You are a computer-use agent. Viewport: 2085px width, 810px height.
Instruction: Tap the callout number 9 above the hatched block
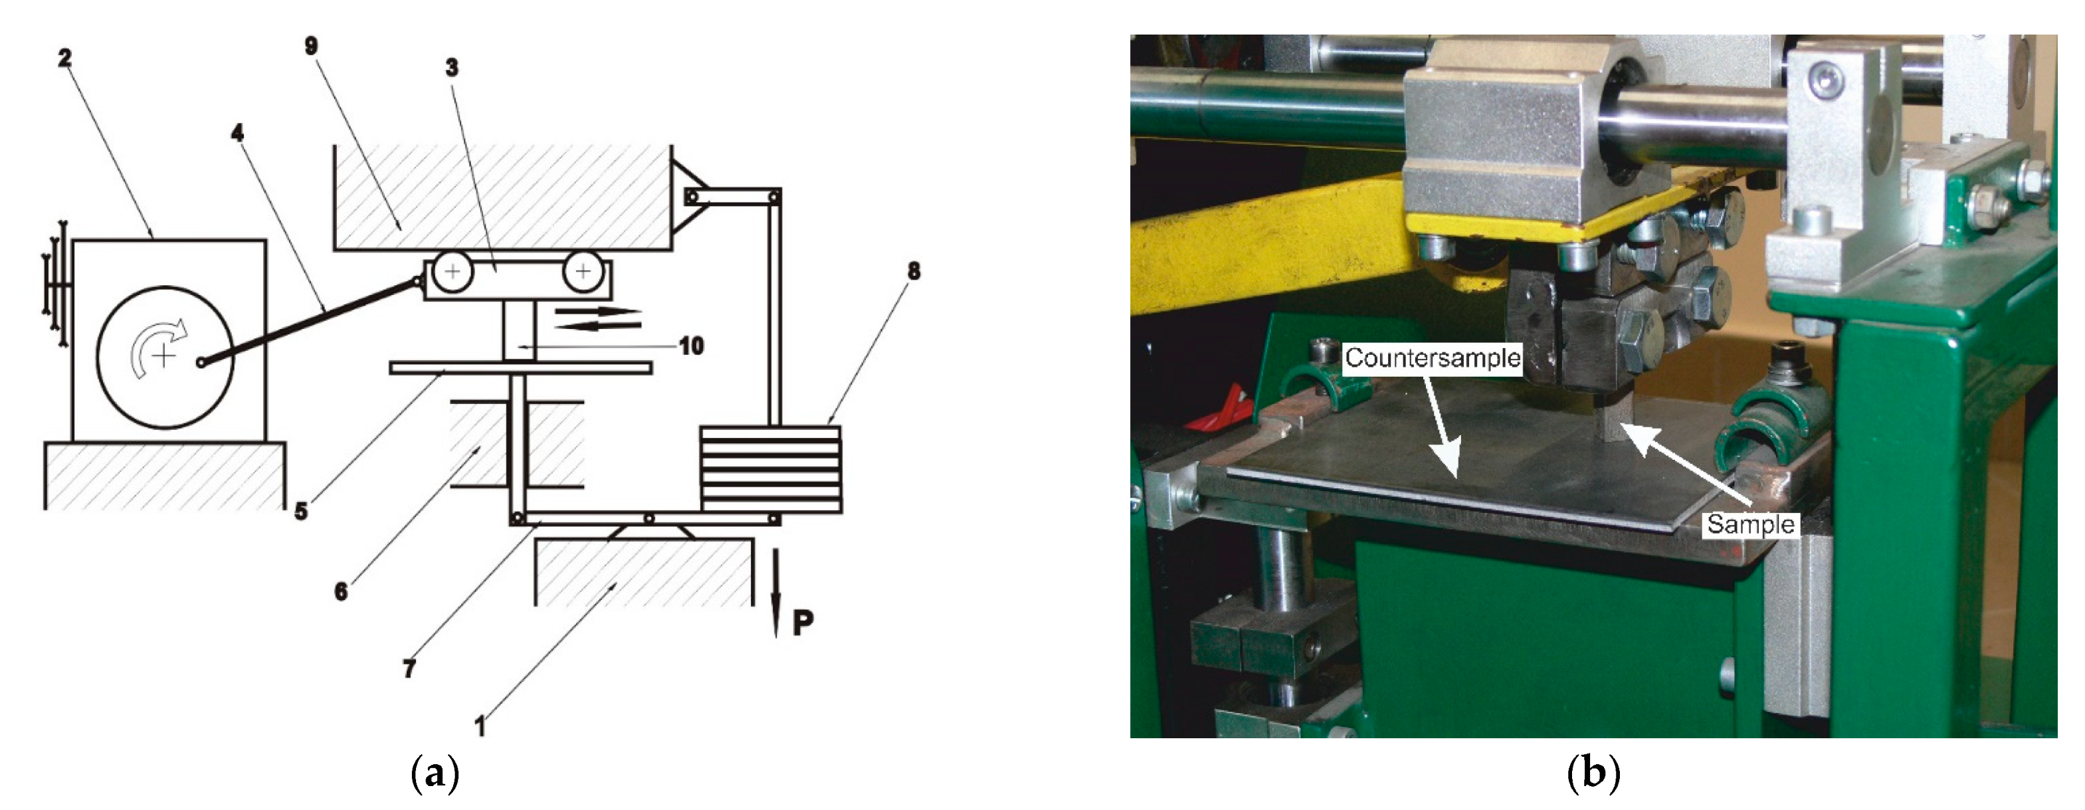click(x=312, y=46)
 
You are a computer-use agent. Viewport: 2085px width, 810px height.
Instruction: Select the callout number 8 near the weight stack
click(x=914, y=271)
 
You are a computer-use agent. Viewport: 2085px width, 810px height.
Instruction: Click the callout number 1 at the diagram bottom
click(x=480, y=726)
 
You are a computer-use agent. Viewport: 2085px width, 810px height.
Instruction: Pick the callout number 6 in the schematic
click(x=341, y=591)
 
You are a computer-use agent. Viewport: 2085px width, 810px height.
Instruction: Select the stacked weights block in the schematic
click(x=771, y=468)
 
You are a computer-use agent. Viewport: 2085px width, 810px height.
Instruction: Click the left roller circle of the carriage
click(x=452, y=271)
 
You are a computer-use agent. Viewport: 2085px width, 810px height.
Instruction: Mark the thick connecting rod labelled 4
click(x=310, y=321)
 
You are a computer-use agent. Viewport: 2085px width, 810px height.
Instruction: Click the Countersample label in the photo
click(x=1433, y=358)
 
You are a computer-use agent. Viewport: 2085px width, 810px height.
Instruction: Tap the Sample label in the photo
click(x=1751, y=524)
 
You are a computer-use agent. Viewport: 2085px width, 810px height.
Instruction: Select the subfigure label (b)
click(x=1593, y=773)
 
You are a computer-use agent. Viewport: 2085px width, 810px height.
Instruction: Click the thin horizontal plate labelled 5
click(x=520, y=368)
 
